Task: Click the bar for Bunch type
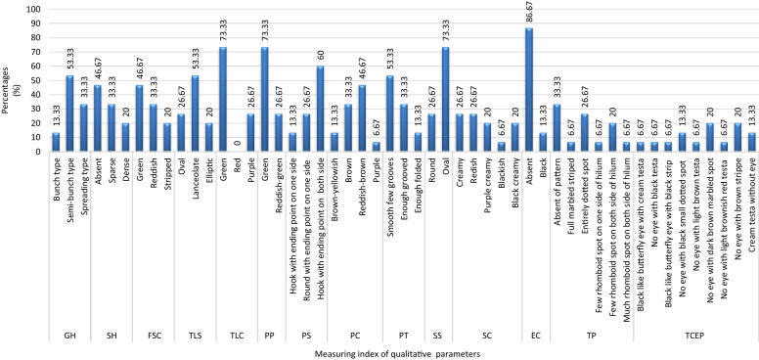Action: (56, 142)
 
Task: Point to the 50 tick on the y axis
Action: (36, 80)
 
